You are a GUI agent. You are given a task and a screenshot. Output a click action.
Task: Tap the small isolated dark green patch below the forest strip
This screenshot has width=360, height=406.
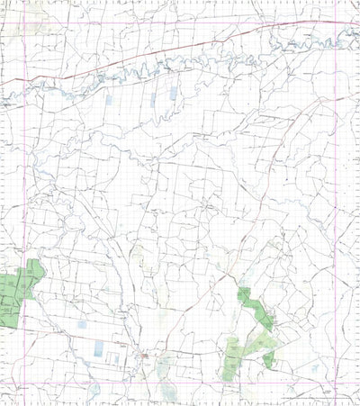pos(268,360)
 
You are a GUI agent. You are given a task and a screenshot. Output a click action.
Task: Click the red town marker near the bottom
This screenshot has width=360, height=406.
pos(146,357)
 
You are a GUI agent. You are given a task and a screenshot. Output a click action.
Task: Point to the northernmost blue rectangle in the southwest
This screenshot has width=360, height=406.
pos(83,325)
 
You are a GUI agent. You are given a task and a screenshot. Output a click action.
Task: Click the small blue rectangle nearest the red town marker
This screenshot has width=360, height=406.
pos(116,359)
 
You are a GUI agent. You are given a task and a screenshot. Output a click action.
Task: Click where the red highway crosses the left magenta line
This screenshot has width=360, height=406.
pos(25,78)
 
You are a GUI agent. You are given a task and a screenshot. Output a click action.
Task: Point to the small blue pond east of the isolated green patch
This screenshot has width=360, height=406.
pos(310,368)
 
